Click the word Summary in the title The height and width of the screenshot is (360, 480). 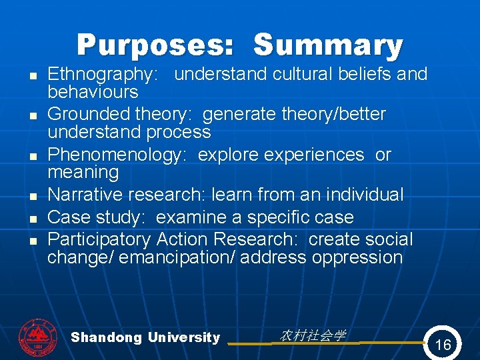[x=328, y=46]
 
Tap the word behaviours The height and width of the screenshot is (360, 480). [x=93, y=92]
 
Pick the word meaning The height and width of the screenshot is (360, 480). [x=83, y=173]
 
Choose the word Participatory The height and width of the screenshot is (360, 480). [x=99, y=239]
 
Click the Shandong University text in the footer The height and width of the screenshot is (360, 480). [x=145, y=337]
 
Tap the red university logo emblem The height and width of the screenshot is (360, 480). [x=38, y=336]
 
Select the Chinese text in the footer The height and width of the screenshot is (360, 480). [x=312, y=335]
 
